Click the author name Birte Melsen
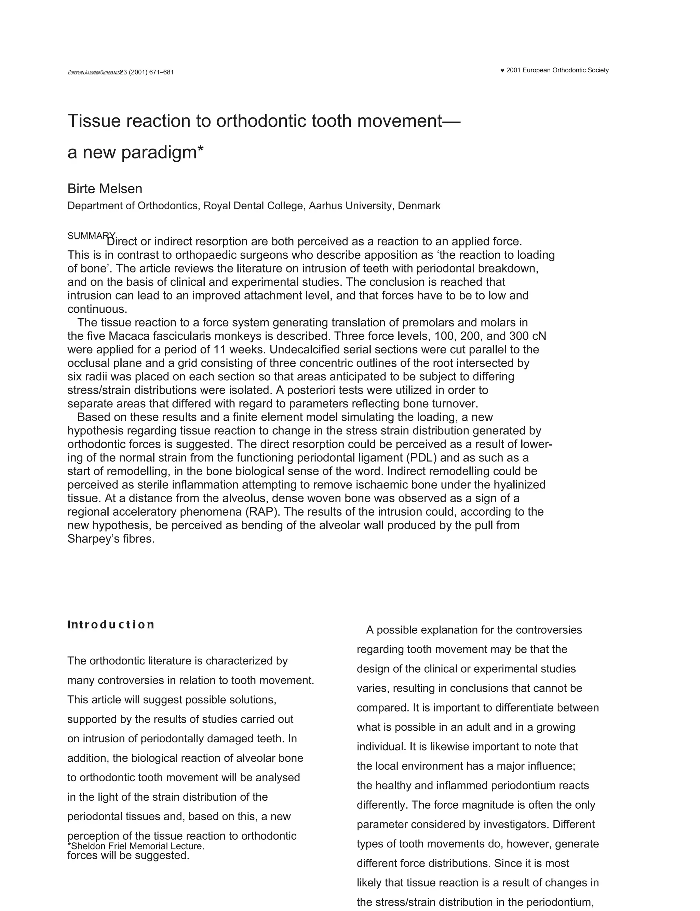[105, 188]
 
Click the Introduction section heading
[111, 624]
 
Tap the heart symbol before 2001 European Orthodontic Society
[502, 71]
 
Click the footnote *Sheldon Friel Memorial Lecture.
[135, 846]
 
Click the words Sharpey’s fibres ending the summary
[111, 539]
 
